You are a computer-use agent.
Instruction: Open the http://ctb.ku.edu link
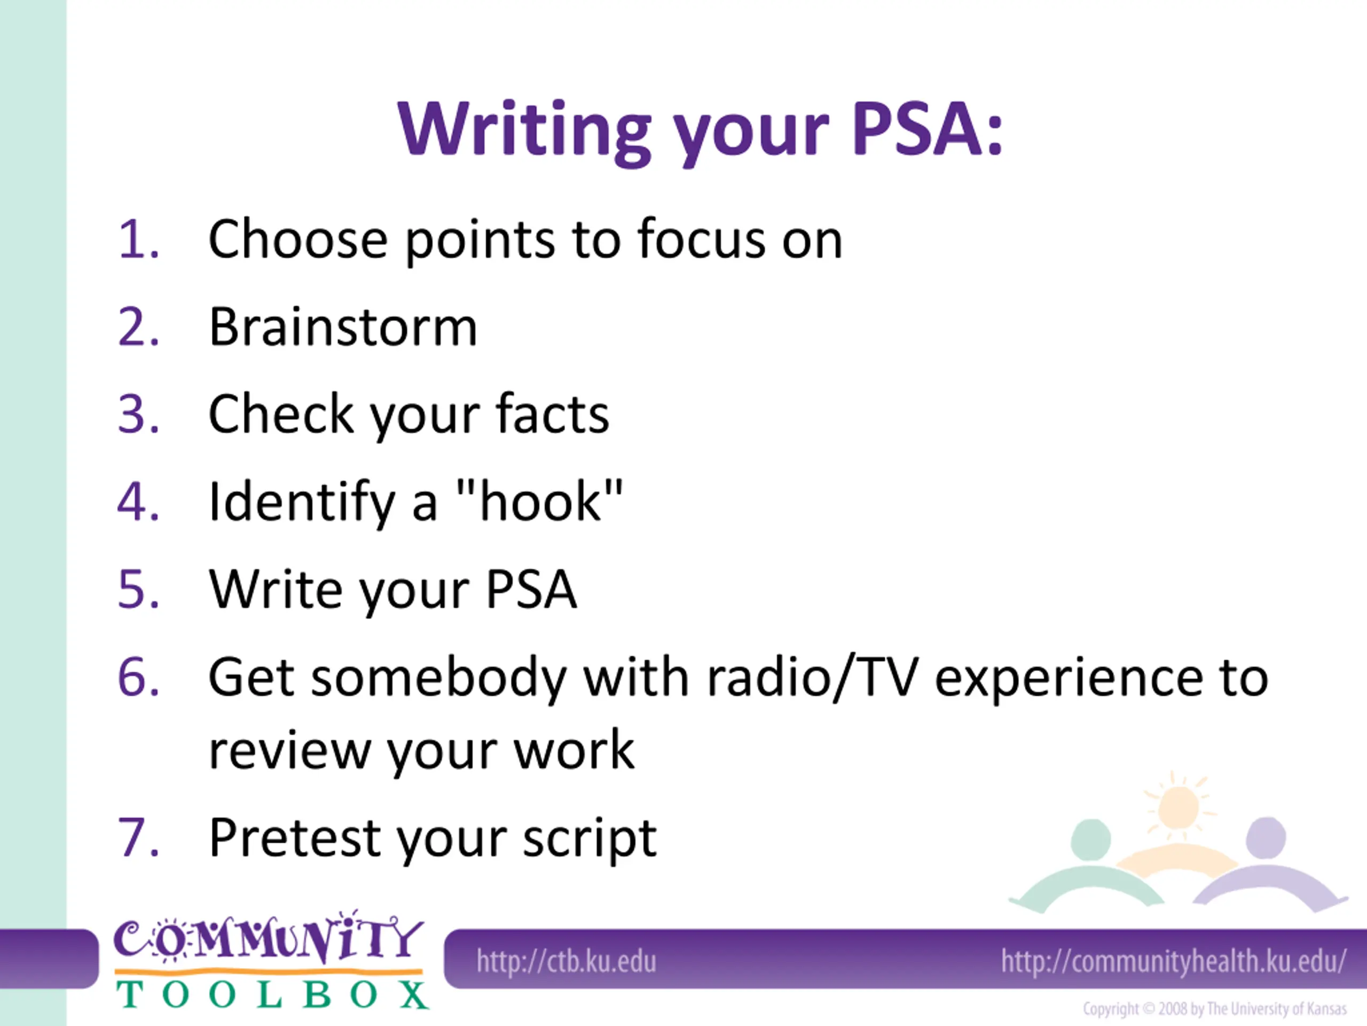coord(566,961)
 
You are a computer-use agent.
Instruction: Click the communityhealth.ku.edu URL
coord(1174,961)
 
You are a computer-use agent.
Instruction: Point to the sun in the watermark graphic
coord(1177,805)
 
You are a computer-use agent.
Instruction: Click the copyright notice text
coord(1214,1009)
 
